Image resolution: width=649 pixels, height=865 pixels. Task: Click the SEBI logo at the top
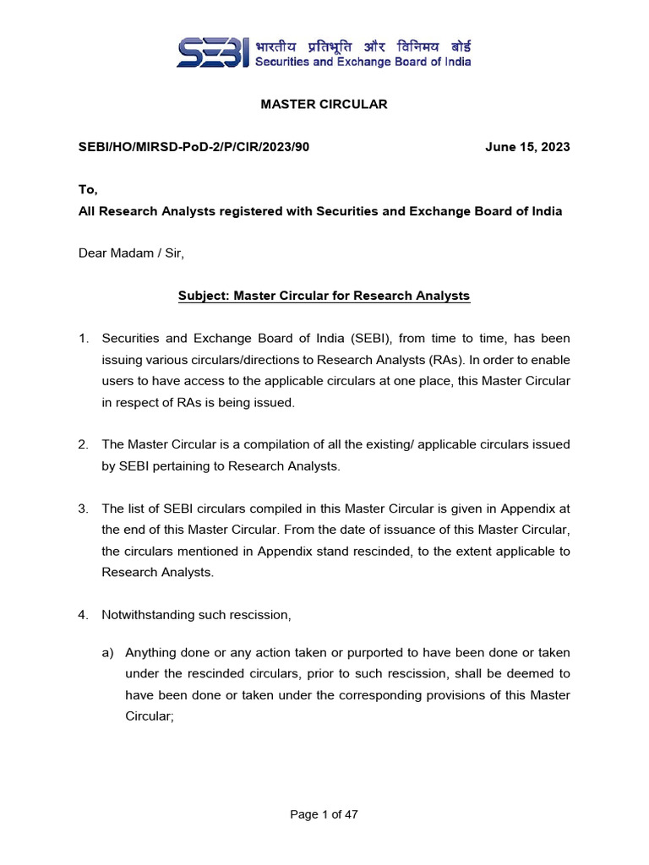pyautogui.click(x=212, y=52)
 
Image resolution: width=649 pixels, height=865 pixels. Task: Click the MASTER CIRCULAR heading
pyautogui.click(x=324, y=104)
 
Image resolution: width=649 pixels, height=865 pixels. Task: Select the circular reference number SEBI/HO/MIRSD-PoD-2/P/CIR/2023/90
pyautogui.click(x=194, y=147)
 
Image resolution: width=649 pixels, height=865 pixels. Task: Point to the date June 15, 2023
pyautogui.click(x=527, y=147)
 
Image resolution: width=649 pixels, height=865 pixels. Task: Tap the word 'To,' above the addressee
pyautogui.click(x=88, y=191)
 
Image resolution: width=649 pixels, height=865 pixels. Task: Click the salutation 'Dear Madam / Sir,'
pyautogui.click(x=130, y=253)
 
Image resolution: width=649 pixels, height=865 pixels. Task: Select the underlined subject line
pyautogui.click(x=324, y=296)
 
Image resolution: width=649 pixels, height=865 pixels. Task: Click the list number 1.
pyautogui.click(x=84, y=339)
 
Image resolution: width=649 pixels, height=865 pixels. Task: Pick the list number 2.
pyautogui.click(x=84, y=444)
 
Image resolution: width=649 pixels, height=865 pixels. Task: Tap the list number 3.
pyautogui.click(x=84, y=509)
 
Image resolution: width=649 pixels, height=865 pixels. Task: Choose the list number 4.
pyautogui.click(x=84, y=615)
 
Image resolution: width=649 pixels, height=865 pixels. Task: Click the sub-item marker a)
pyautogui.click(x=107, y=653)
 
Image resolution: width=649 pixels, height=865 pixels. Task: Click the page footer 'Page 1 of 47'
pyautogui.click(x=324, y=814)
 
